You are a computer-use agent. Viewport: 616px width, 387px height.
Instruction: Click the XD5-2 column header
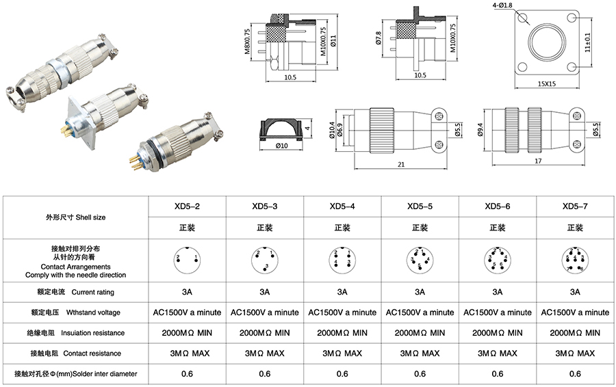pos(187,206)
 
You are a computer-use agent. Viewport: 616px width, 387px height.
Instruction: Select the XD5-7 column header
pos(575,206)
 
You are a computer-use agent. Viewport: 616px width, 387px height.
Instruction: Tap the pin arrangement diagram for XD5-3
pos(264,260)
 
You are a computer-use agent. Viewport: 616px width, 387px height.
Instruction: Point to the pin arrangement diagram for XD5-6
pos(497,260)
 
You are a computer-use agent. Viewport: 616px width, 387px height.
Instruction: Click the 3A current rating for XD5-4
pos(342,292)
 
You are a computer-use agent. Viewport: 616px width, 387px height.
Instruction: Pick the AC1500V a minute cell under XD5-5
pos(420,312)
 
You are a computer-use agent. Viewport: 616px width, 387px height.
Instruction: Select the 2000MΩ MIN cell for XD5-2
pos(187,333)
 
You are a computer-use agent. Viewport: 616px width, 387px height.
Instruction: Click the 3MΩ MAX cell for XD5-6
pos(497,353)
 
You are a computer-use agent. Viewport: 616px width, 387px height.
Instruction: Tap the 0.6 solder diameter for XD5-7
pos(575,374)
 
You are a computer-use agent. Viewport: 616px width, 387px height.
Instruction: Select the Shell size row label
pos(75,217)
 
